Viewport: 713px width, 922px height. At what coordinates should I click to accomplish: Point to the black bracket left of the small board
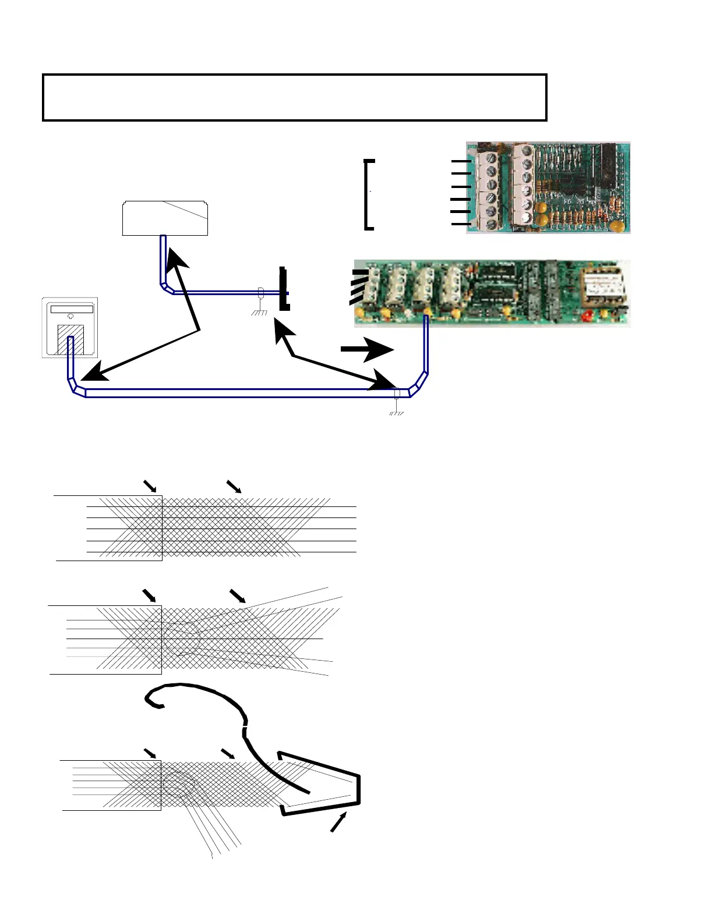pos(368,194)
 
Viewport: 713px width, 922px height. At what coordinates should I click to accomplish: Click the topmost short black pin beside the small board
pos(461,161)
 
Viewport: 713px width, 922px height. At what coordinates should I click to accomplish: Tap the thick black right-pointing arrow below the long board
pos(367,349)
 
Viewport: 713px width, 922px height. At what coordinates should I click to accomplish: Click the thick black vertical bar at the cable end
pos(284,289)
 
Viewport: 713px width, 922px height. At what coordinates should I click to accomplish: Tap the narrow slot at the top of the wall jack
pos(71,308)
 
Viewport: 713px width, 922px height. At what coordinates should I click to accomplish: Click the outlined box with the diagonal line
pos(165,218)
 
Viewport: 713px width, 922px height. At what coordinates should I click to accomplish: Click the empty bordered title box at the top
pos(295,97)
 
